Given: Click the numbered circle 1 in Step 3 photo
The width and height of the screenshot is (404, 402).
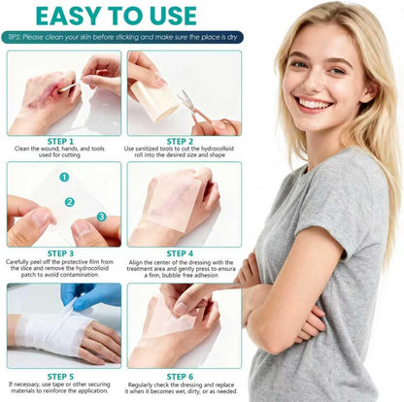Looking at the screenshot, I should point(64,178).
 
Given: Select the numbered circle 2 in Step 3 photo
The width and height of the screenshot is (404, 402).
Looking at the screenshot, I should point(70,202).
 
